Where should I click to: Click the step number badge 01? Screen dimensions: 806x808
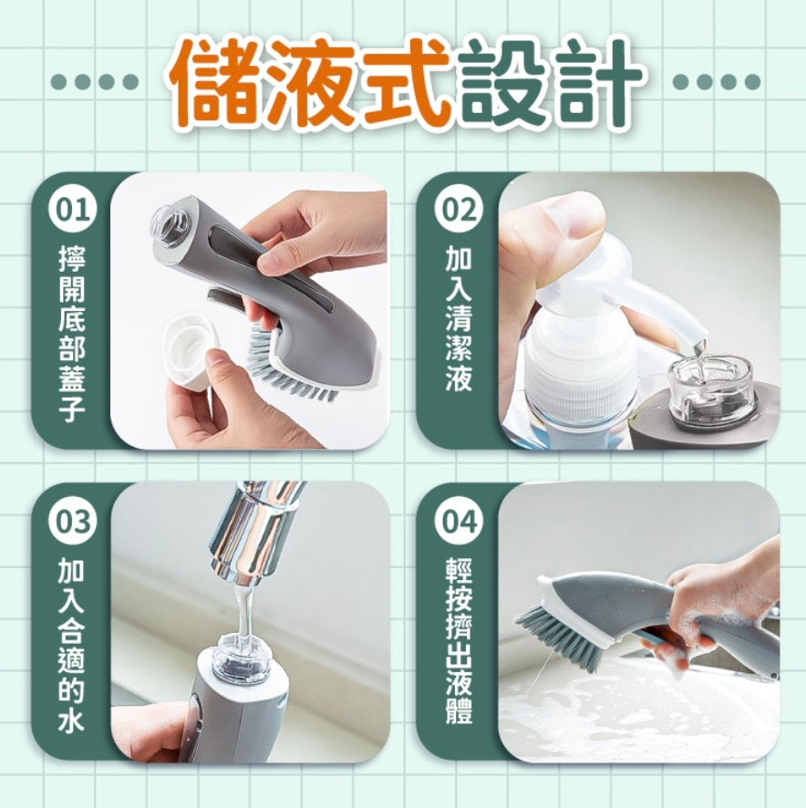click(x=73, y=211)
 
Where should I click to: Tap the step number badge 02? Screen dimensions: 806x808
click(x=458, y=211)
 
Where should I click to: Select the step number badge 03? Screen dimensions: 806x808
click(x=73, y=521)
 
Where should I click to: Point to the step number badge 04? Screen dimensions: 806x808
click(x=458, y=521)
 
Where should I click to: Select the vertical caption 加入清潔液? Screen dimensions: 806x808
click(x=458, y=318)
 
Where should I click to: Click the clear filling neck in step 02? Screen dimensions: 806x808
click(x=709, y=388)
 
